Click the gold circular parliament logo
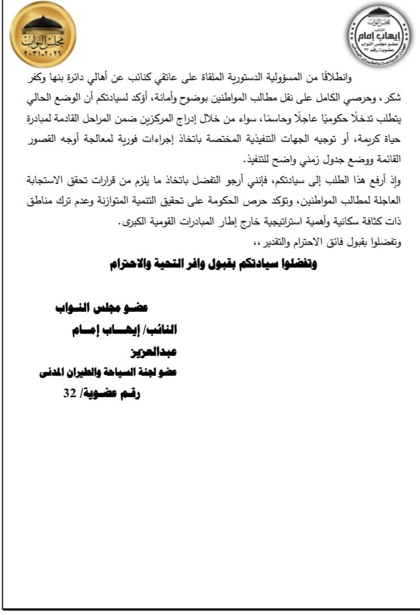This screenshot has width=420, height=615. pos(43,35)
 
